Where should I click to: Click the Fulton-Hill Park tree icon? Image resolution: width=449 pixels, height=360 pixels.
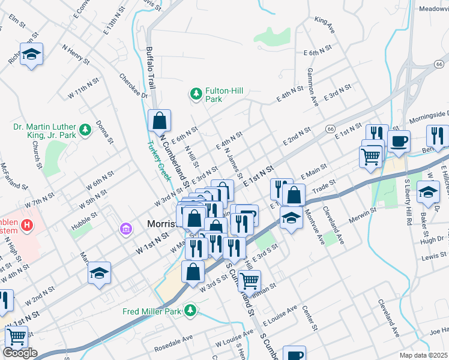pyautogui.click(x=195, y=94)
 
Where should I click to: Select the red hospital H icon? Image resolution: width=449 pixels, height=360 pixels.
pyautogui.click(x=26, y=226)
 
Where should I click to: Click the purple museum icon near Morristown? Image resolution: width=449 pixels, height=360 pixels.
pyautogui.click(x=125, y=228)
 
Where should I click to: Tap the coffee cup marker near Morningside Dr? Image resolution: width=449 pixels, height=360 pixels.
pyautogui.click(x=399, y=142)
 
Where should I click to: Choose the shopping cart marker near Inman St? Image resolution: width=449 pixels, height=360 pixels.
pyautogui.click(x=249, y=280)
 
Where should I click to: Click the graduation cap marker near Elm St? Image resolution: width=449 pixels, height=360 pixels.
pyautogui.click(x=31, y=55)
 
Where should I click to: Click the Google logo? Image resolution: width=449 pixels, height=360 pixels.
pyautogui.click(x=20, y=353)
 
